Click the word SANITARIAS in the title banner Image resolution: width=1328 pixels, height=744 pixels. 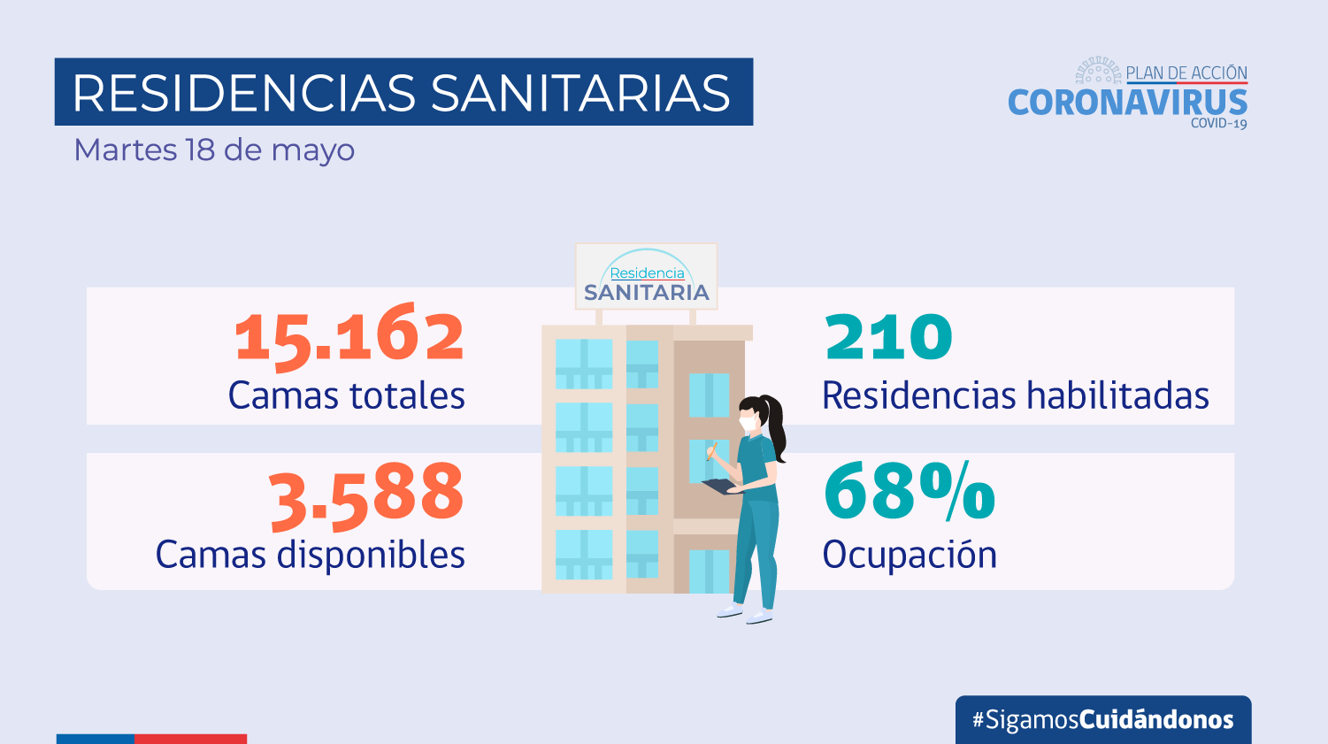click(580, 93)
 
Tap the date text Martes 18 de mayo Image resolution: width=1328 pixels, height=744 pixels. click(214, 150)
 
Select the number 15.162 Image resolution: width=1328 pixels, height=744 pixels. click(349, 337)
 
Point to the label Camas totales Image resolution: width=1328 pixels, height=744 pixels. click(346, 395)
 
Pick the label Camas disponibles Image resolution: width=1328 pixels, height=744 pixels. click(310, 555)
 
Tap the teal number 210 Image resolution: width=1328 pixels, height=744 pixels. click(888, 337)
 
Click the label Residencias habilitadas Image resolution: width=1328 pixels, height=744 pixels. click(1015, 395)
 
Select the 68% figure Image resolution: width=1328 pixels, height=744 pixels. click(909, 492)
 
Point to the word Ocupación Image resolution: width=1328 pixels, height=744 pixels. click(910, 555)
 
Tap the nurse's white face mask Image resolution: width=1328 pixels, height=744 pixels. click(749, 424)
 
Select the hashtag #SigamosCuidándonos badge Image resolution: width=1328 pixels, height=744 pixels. click(1102, 719)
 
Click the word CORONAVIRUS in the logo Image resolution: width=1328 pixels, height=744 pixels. click(1127, 103)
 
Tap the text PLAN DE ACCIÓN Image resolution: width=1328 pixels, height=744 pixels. click(1186, 73)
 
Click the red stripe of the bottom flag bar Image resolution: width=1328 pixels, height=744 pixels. click(190, 739)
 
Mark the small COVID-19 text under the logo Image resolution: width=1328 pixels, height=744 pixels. click(1218, 124)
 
